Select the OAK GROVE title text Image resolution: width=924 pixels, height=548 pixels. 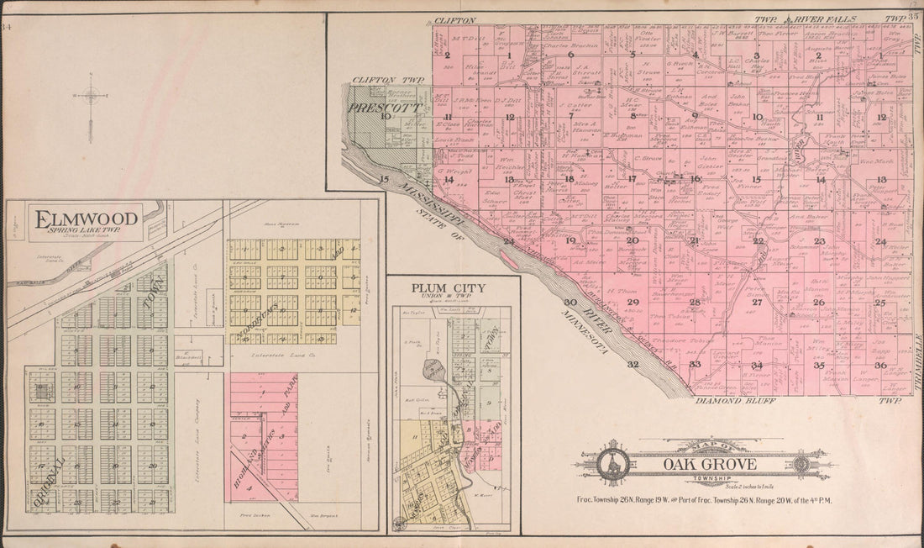[x=709, y=464]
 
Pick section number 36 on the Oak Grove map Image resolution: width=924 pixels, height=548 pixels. [x=879, y=365]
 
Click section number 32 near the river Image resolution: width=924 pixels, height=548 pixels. [x=633, y=364]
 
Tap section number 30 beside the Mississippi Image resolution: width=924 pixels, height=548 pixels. [x=570, y=302]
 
